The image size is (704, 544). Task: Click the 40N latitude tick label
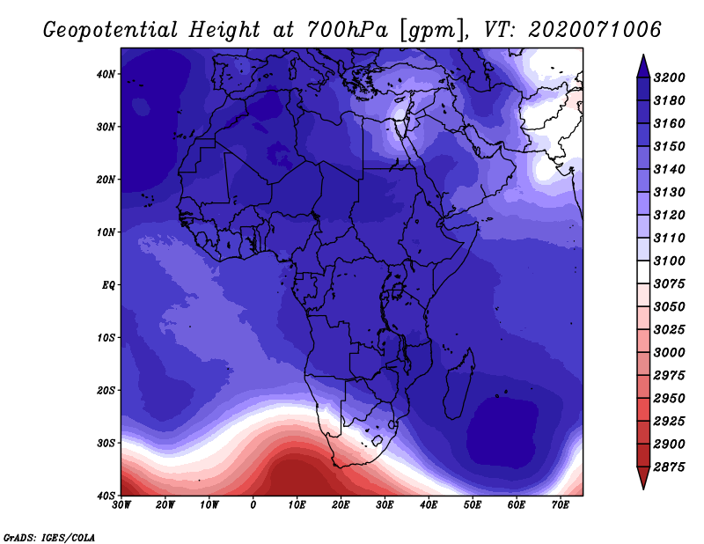[106, 74]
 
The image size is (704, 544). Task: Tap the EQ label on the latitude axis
[108, 285]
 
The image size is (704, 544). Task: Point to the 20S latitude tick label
[106, 390]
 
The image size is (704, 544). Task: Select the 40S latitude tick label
[106, 496]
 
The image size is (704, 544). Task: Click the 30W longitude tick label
[121, 505]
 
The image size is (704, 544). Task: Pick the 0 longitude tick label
[253, 505]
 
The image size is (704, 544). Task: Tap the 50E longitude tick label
[473, 505]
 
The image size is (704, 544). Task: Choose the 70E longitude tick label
[561, 505]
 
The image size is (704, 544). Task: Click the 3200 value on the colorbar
[670, 77]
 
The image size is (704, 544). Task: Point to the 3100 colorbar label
[670, 261]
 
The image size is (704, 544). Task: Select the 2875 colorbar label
[670, 467]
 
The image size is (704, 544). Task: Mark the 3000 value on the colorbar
[670, 353]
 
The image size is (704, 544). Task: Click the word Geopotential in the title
[111, 31]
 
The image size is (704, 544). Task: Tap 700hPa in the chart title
[347, 30]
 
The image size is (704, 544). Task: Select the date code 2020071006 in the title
[595, 30]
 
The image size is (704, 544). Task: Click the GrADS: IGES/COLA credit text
[49, 538]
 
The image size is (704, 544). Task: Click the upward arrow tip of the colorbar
[643, 55]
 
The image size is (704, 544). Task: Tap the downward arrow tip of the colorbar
[643, 488]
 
